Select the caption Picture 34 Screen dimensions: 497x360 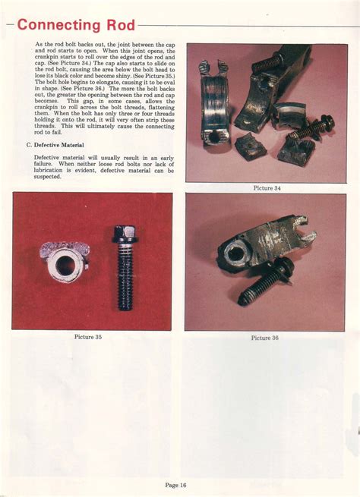click(267, 188)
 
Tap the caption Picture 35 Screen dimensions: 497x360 click(89, 335)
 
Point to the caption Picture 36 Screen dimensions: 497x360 click(265, 338)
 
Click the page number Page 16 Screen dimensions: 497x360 click(177, 483)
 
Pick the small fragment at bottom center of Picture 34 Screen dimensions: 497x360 click(250, 145)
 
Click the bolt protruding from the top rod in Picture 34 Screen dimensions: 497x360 click(267, 63)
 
